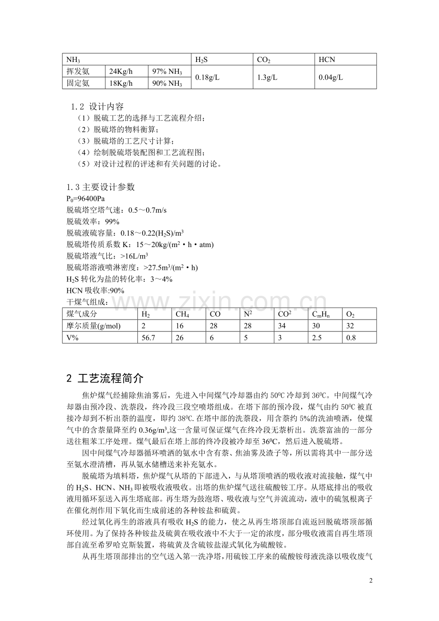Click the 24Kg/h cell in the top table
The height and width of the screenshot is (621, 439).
pos(121,72)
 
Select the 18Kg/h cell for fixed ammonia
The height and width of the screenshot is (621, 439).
pos(121,83)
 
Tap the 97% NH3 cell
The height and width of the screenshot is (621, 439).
pos(167,72)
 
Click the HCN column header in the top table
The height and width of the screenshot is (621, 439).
pos(327,60)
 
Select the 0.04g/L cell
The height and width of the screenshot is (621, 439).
pos(331,78)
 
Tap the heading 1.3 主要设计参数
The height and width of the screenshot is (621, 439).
pos(101,187)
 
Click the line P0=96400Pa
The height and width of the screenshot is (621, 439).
pos(85,199)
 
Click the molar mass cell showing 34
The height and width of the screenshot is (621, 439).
pos(282,326)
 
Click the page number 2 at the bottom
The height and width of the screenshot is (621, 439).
pos(371,581)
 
